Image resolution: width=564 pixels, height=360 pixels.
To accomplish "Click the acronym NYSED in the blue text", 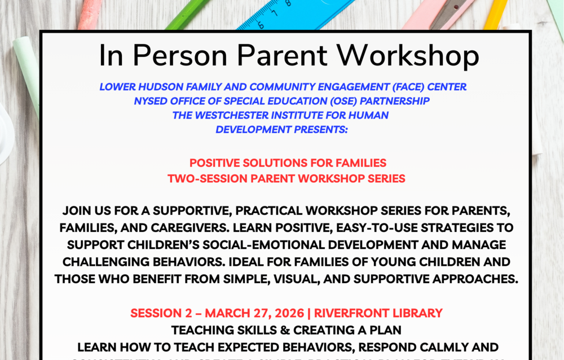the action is tap(149, 101).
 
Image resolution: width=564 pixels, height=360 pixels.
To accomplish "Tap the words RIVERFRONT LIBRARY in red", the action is tap(378, 313).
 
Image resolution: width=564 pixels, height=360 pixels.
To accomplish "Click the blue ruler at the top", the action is tap(293, 12).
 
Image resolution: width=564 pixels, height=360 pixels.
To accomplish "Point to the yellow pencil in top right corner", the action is tap(496, 12).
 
